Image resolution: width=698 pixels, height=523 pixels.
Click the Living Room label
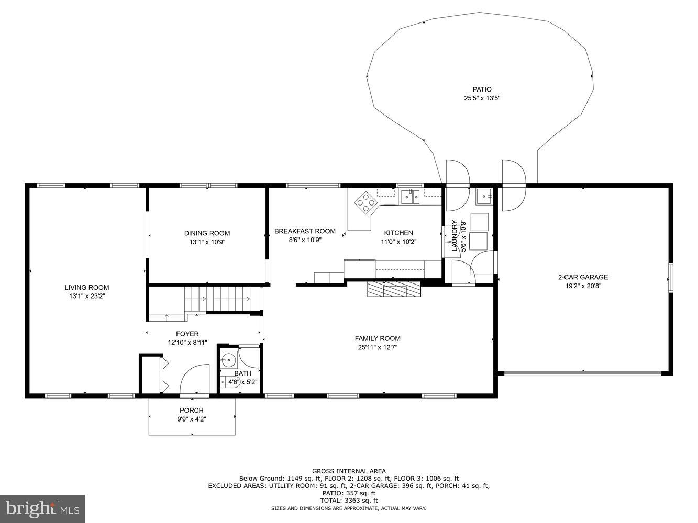[x=87, y=287]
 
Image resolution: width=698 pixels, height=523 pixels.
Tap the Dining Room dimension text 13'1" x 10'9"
[x=207, y=242]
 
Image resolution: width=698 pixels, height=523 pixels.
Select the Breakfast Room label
[x=305, y=231]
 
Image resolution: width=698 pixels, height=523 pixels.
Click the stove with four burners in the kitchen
[x=365, y=202]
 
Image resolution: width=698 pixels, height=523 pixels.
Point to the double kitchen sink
[x=411, y=197]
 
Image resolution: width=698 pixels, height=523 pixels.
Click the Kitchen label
[x=398, y=233]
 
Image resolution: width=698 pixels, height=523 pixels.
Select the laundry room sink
[x=484, y=197]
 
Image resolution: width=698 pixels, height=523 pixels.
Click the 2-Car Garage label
[x=583, y=277]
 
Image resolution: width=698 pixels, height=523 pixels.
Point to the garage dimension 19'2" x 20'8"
[x=583, y=286]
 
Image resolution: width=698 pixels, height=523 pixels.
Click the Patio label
[x=482, y=89]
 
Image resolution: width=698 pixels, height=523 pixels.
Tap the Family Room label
[x=378, y=338]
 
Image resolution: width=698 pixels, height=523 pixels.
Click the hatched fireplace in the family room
[x=394, y=289]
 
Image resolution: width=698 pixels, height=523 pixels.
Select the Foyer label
[x=187, y=334]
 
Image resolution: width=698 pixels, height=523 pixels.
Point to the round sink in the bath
[x=228, y=360]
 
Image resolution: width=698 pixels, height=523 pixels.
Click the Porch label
[x=191, y=410]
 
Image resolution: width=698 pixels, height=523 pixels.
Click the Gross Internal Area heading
[x=349, y=471]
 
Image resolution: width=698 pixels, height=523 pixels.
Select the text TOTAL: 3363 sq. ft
[x=349, y=501]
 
